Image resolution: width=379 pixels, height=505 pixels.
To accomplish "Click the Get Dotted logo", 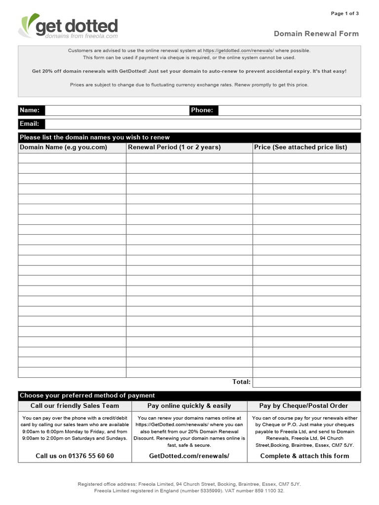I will [68, 27].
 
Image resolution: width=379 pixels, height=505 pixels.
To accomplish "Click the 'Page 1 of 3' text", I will [344, 13].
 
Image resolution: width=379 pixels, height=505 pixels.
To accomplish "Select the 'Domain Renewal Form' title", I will [316, 34].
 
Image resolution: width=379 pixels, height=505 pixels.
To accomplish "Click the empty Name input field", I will [117, 110].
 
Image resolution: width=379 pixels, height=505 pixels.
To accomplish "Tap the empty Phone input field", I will [289, 110].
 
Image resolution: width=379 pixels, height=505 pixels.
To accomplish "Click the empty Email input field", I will [202, 124].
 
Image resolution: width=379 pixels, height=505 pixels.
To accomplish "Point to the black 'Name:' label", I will [31, 110].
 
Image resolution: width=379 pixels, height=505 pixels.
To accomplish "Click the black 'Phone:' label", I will [203, 110].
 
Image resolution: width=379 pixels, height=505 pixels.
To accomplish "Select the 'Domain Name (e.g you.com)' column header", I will [63, 147].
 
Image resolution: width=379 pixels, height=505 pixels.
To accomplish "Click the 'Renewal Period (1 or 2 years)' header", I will [174, 147].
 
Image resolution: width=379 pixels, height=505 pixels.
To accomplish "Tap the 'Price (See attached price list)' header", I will [301, 147].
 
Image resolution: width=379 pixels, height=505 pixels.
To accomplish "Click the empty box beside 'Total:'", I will [306, 382].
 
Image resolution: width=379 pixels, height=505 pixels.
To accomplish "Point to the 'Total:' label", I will [241, 382].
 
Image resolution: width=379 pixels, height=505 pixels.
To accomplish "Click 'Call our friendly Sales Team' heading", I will [75, 406].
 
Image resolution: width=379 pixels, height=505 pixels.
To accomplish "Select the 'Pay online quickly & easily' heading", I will [189, 406].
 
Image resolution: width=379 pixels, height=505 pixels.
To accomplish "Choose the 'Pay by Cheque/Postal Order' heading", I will [303, 406].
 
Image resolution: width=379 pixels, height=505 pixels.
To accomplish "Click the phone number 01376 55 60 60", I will [75, 456].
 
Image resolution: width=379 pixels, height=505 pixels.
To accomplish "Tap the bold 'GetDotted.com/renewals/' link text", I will [189, 456].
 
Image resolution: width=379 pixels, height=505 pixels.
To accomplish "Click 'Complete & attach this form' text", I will [304, 456].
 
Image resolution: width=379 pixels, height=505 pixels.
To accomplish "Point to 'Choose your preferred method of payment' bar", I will [87, 396].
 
